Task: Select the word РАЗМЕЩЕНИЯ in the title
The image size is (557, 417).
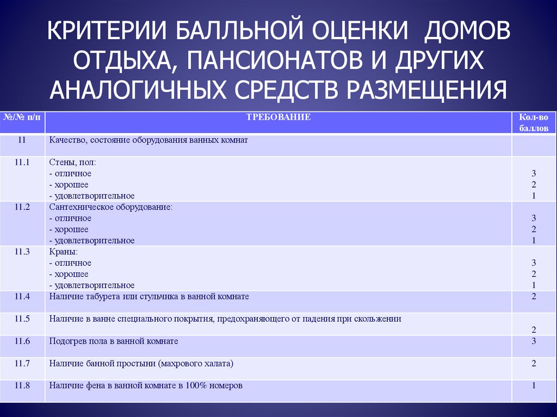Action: [x=426, y=89]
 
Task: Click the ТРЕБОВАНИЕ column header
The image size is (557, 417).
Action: [x=278, y=117]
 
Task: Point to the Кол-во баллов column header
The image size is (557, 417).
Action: [x=534, y=122]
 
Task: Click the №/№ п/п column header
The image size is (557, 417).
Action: [x=22, y=117]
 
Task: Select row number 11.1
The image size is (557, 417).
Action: [x=22, y=163]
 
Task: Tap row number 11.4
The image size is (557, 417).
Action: [x=22, y=296]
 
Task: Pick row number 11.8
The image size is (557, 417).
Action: [x=22, y=385]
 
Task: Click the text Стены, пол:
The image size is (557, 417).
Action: [x=72, y=163]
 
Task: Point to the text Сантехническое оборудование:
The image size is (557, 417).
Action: [x=110, y=207]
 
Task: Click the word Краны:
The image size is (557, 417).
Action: [x=63, y=252]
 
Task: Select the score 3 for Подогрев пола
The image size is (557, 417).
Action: [x=534, y=341]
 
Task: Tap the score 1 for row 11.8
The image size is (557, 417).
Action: [x=534, y=385]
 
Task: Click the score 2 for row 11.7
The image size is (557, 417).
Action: [x=534, y=363]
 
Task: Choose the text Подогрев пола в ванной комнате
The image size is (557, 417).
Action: [x=114, y=341]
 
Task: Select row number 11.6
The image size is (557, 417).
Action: [x=22, y=341]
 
